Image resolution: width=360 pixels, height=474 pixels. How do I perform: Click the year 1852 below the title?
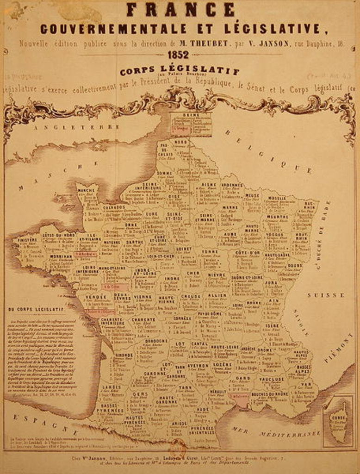(x=179, y=55)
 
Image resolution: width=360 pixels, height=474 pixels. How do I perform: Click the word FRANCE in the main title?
(x=180, y=9)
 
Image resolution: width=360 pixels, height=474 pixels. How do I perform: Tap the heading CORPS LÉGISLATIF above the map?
(x=180, y=71)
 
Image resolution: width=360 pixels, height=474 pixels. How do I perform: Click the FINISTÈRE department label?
(x=27, y=240)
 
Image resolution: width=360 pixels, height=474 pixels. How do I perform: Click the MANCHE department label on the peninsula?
(x=86, y=190)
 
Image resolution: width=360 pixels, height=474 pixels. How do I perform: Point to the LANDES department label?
(x=112, y=387)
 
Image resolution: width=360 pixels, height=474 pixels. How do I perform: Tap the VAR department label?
(x=306, y=384)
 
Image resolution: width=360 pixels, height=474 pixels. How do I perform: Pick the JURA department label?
(x=271, y=282)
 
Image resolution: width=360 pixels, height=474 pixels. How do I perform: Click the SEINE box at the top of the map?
(x=190, y=115)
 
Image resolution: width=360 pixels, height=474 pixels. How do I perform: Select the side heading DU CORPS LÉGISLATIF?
(x=35, y=309)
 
